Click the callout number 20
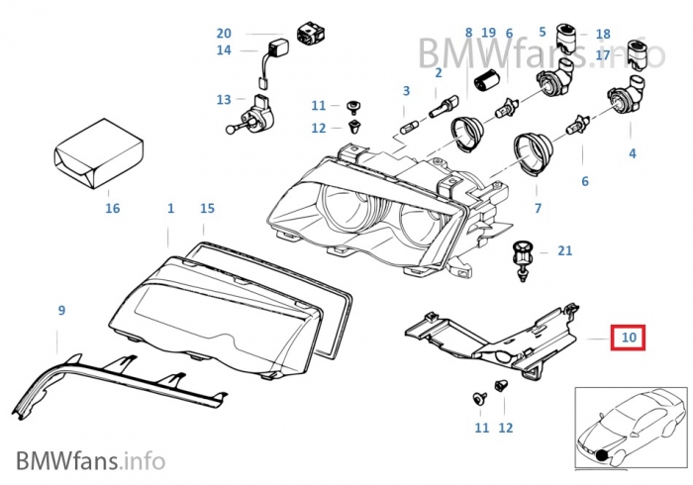point(224,33)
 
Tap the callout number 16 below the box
point(112,208)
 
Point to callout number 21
point(564,251)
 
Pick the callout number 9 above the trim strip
point(61,311)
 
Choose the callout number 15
point(207,209)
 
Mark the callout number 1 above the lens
point(170,209)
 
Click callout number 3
point(405,91)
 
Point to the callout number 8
point(468,34)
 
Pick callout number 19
point(488,34)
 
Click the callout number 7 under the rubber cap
point(539,209)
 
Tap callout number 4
point(632,153)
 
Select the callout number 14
point(224,49)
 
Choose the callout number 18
point(603,34)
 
